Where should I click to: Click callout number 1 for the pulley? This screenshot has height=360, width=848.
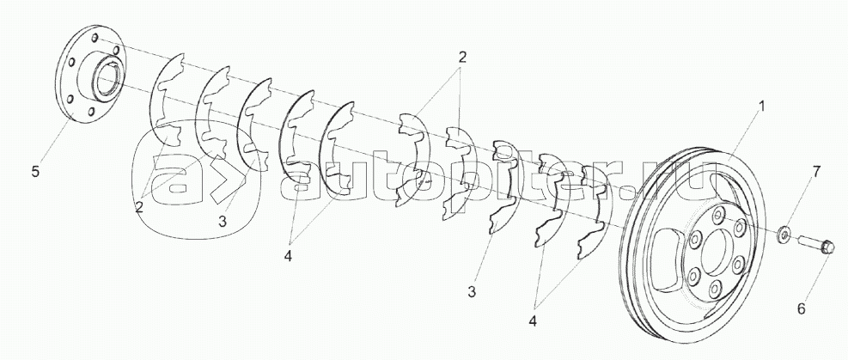[759, 107]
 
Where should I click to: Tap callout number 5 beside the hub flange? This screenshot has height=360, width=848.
[34, 171]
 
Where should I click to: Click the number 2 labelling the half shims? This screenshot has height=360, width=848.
[462, 58]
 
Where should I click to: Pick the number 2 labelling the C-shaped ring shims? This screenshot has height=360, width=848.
[139, 205]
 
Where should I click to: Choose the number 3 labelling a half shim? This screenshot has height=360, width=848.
[472, 293]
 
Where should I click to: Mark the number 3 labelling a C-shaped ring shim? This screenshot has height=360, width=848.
[222, 221]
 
